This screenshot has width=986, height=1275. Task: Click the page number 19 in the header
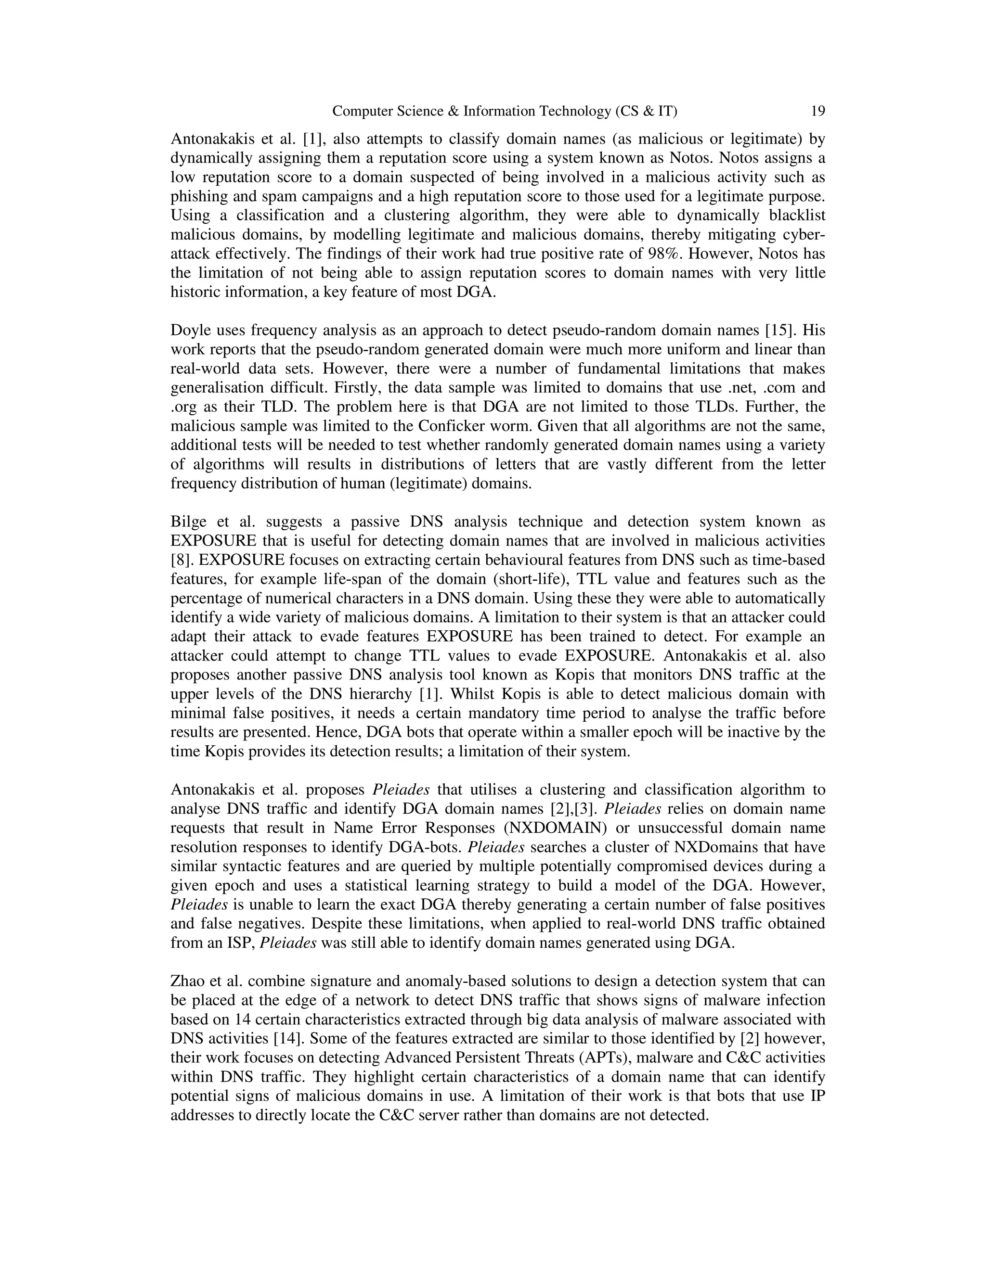coord(818,111)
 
